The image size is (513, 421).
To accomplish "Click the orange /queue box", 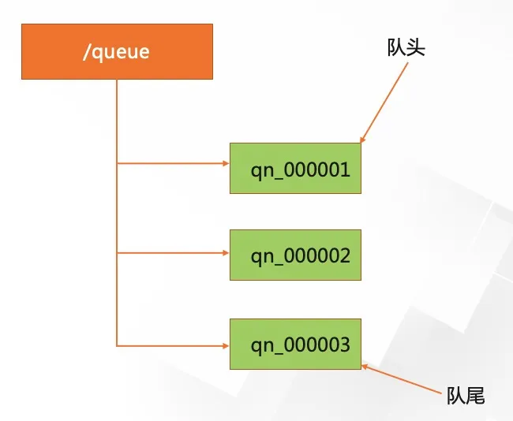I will [117, 51].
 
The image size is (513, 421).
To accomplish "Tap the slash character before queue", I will [86, 52].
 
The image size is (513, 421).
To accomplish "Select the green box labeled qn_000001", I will [295, 168].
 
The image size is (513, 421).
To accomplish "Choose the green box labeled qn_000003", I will [295, 345].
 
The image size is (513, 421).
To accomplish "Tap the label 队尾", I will [465, 396].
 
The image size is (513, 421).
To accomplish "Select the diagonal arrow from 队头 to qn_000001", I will [385, 102].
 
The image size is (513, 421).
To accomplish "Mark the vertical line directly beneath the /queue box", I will [117, 118].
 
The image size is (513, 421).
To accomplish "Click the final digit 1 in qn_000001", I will [345, 169].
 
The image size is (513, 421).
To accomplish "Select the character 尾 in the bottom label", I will [474, 396].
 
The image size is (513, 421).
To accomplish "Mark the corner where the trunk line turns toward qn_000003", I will [117, 345].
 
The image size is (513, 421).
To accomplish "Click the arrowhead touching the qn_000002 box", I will [225, 254].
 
